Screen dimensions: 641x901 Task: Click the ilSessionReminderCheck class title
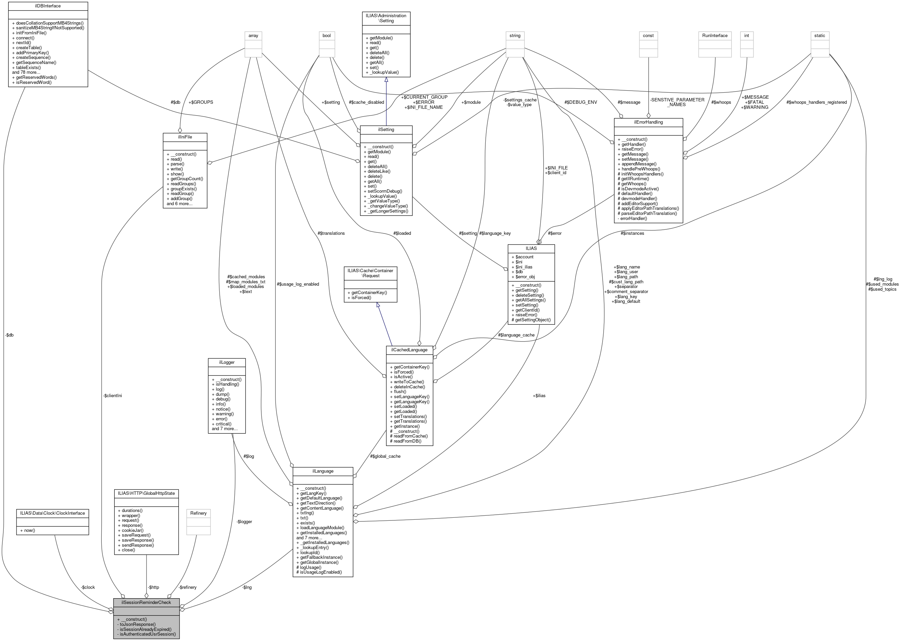pyautogui.click(x=146, y=602)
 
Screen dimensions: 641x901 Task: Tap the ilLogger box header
pyautogui.click(x=227, y=362)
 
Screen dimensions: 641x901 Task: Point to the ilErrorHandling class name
pyautogui.click(x=648, y=122)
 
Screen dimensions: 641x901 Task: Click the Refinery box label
pyautogui.click(x=198, y=513)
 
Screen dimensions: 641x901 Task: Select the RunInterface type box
pyautogui.click(x=714, y=35)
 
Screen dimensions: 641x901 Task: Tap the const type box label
pyautogui.click(x=648, y=35)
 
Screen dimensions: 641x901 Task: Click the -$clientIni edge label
pyautogui.click(x=112, y=395)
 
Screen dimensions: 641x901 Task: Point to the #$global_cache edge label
pyautogui.click(x=385, y=456)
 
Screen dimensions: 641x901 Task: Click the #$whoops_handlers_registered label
pyautogui.click(x=816, y=102)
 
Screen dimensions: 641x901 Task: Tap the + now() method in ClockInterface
pyautogui.click(x=28, y=530)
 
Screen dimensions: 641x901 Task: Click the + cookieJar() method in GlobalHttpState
pyautogui.click(x=131, y=530)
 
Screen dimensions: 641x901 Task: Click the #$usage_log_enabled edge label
pyautogui.click(x=298, y=284)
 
